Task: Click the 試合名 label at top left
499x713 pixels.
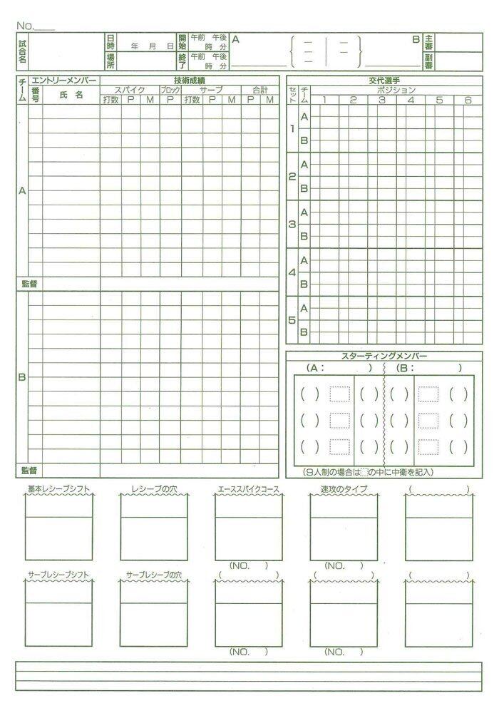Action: click(x=22, y=51)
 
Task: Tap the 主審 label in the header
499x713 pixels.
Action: click(x=428, y=41)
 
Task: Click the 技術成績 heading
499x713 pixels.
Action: click(x=189, y=81)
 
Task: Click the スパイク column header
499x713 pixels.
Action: click(x=130, y=90)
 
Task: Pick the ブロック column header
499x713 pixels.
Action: click(x=170, y=90)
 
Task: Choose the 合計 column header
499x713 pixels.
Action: click(x=259, y=90)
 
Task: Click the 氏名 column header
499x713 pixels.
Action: click(x=71, y=95)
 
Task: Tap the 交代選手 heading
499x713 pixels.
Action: click(x=381, y=81)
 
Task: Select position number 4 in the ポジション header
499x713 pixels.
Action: click(x=411, y=100)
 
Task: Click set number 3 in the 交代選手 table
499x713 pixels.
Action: click(x=292, y=224)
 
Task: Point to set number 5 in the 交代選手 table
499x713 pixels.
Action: click(x=292, y=320)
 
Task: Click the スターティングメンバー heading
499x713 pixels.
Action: click(x=381, y=356)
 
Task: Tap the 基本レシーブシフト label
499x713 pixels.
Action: click(x=58, y=489)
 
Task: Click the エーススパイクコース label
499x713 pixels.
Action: click(x=248, y=489)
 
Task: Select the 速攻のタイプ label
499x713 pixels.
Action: click(x=344, y=489)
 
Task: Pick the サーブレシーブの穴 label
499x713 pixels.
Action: click(x=154, y=573)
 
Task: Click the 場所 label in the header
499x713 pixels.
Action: click(x=110, y=61)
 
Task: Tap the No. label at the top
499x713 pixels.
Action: click(x=26, y=26)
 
